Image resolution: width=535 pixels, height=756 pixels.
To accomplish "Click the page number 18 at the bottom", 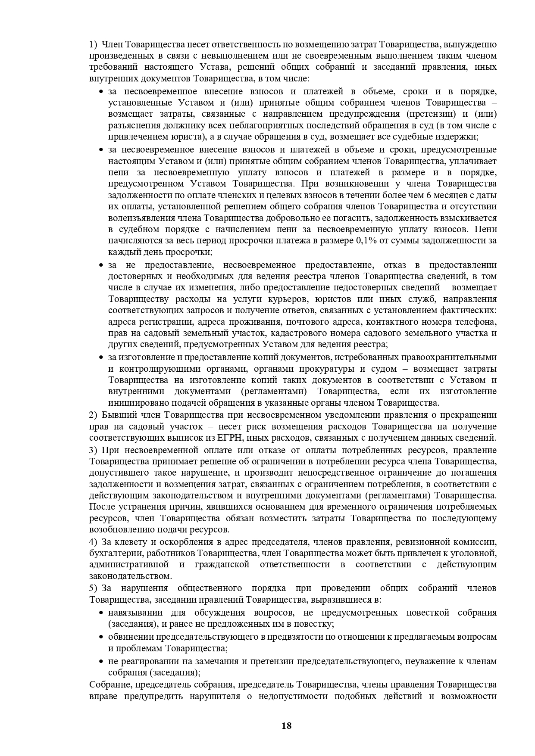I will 286,726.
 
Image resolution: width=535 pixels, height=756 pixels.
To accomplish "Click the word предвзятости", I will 300,637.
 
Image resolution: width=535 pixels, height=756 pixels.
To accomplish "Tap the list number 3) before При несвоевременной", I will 94,450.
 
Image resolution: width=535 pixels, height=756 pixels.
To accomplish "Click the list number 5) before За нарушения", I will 94,588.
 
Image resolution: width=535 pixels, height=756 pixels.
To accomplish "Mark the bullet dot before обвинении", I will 101,637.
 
